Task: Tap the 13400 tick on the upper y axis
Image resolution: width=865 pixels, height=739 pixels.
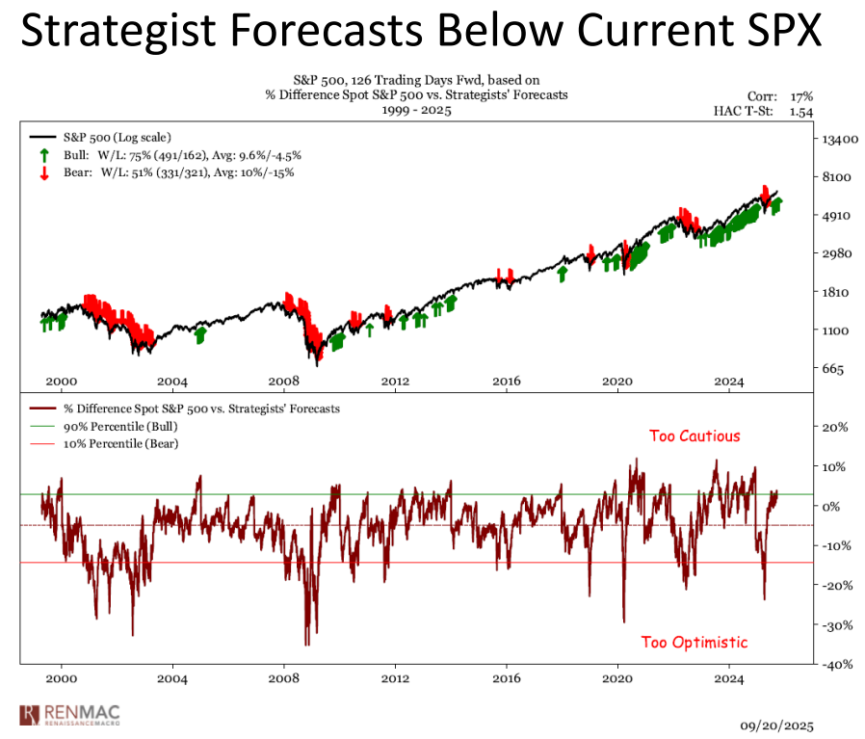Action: point(836,140)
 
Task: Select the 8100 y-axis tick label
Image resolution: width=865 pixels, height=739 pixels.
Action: point(833,177)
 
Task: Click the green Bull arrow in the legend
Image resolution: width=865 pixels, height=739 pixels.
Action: point(43,155)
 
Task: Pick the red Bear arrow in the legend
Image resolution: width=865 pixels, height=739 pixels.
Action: point(43,173)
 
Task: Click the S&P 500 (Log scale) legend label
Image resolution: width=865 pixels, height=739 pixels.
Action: point(118,138)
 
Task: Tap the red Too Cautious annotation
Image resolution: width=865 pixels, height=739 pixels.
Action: point(695,435)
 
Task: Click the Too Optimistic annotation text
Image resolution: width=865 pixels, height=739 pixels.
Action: point(695,642)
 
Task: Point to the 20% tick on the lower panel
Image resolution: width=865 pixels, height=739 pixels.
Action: point(833,427)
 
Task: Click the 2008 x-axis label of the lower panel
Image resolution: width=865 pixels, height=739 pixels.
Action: point(283,679)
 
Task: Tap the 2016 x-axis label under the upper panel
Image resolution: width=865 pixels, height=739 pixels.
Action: point(507,383)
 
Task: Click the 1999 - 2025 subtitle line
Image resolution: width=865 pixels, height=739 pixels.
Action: point(416,110)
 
